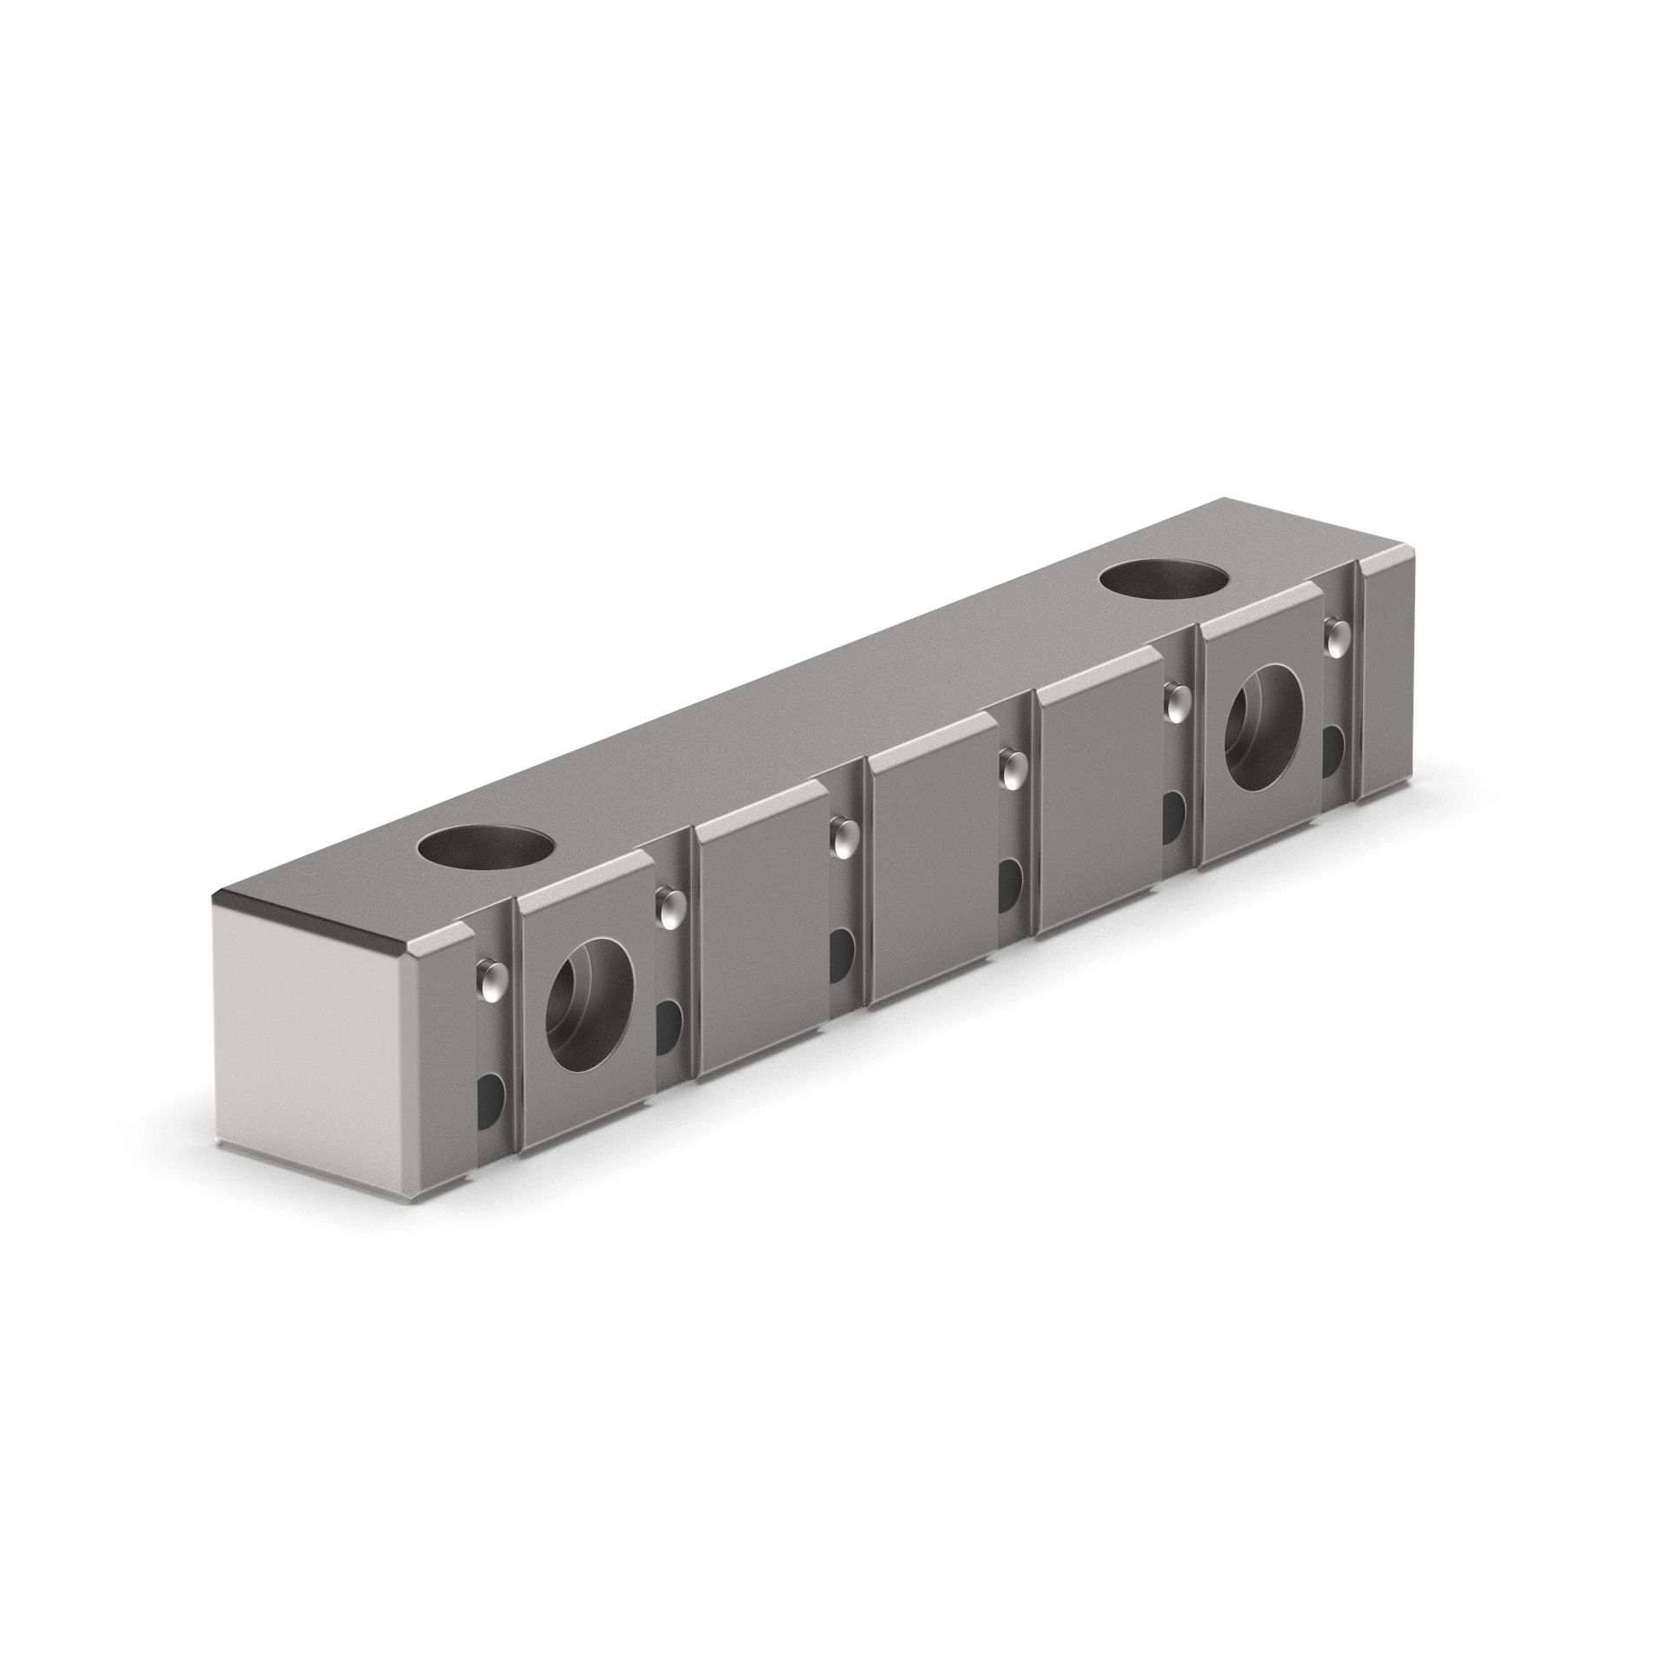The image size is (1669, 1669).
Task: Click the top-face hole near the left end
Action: [485, 849]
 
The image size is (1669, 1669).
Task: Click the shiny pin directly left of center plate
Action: [841, 836]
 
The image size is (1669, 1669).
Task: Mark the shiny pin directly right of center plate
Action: [1010, 768]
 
